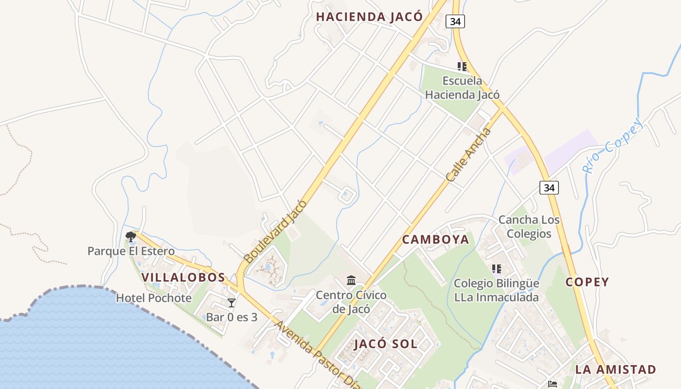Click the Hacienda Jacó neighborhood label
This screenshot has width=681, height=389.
(x=369, y=17)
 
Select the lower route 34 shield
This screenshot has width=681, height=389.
(x=549, y=187)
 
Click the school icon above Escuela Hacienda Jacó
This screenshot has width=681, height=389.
(x=462, y=67)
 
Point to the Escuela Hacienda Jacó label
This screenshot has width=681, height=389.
(x=462, y=88)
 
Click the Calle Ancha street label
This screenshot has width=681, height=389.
(x=468, y=155)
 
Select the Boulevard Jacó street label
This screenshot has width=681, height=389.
(x=276, y=231)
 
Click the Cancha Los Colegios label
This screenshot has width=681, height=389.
(x=529, y=227)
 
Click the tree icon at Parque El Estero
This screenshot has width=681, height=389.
(x=130, y=237)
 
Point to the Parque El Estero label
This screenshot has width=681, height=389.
(x=131, y=251)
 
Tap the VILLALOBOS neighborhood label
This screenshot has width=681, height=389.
(x=183, y=278)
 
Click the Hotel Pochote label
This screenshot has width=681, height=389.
(x=154, y=298)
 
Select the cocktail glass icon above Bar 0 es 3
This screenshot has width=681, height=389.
(x=232, y=303)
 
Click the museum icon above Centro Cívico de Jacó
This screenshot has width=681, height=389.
(x=351, y=281)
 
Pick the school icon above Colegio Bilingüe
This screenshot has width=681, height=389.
(x=496, y=269)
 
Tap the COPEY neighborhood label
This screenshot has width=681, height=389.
(x=587, y=282)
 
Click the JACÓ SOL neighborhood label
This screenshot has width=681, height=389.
(x=386, y=344)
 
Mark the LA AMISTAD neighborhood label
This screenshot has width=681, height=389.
(x=616, y=370)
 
